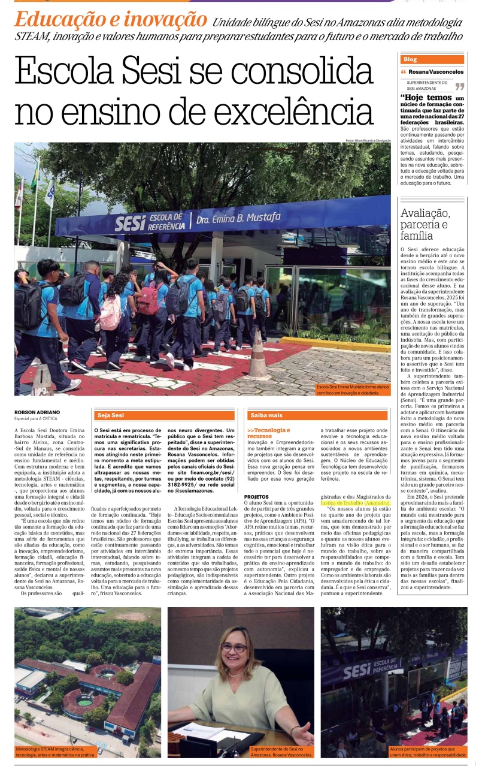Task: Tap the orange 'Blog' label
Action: point(411,59)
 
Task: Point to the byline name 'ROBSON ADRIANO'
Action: point(38,412)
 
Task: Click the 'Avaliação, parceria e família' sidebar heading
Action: point(426,224)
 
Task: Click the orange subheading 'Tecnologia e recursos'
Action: point(269,433)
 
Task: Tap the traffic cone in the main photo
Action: point(259,357)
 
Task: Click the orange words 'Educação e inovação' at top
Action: point(111,20)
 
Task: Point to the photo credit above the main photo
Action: point(368,140)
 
